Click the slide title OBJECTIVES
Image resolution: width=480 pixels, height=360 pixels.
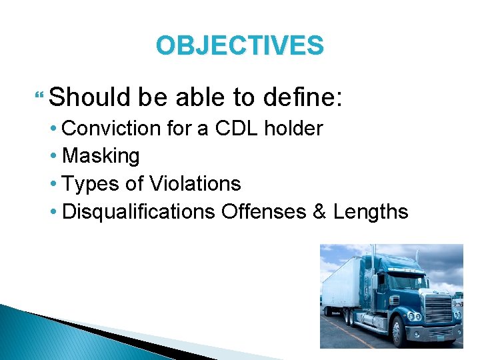[239, 45]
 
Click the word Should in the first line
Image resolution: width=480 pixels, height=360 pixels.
[90, 98]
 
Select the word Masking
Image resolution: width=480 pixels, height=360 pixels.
[101, 156]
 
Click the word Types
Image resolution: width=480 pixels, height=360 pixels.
[87, 183]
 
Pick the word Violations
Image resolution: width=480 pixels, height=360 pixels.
[195, 183]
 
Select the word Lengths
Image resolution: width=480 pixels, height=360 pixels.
[371, 211]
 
